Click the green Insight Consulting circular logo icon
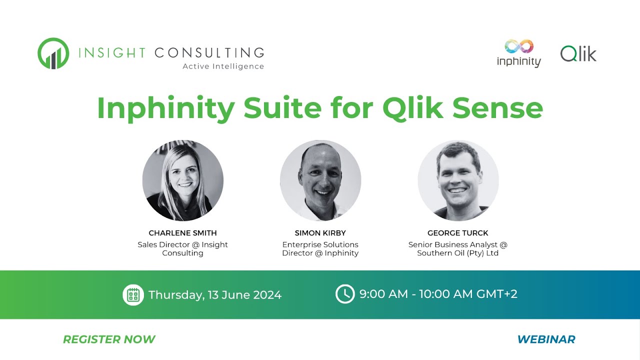point(53,53)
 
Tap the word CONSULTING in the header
point(209,53)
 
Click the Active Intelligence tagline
point(223,66)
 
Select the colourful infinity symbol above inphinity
point(519,46)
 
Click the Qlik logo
point(578,54)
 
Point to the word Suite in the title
point(283,108)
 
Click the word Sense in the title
point(497,108)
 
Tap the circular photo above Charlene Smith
point(183,180)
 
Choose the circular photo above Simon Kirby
point(320,180)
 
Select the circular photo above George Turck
point(458,180)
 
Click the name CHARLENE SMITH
point(183,233)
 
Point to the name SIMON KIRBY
point(320,233)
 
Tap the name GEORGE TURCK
point(457,233)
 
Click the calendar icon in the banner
point(133,295)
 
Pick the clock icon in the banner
point(345,294)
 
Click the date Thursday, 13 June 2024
point(215,295)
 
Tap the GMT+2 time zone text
point(497,294)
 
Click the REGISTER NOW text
point(109,339)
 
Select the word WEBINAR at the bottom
point(546,339)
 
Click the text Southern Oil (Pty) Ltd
point(457,253)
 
